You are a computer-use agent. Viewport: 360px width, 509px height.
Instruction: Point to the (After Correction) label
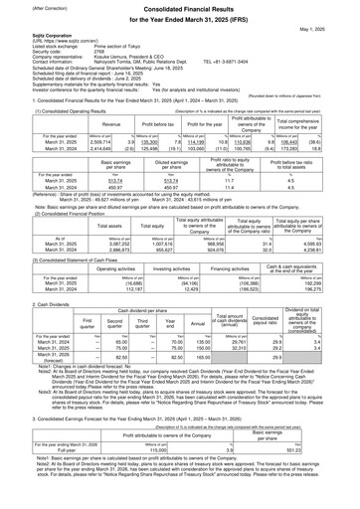26,9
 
